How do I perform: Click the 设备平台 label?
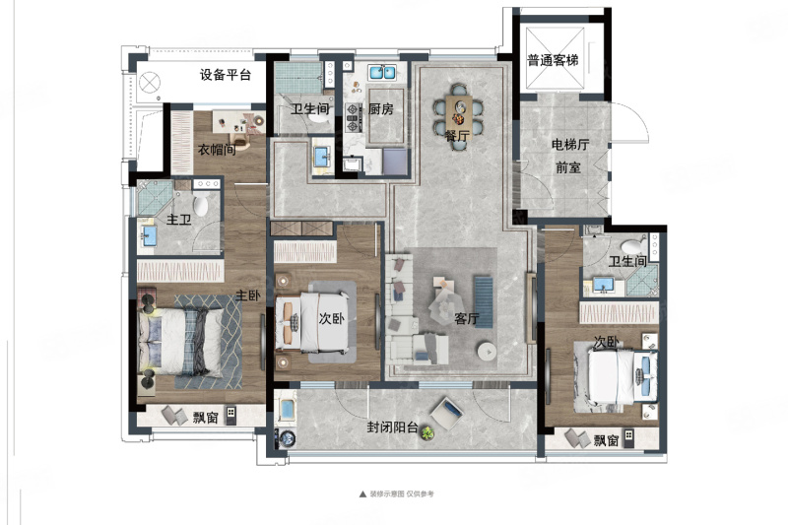(x=226, y=76)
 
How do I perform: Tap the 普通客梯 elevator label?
(x=553, y=61)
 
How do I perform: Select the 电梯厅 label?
(x=570, y=145)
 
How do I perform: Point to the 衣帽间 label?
(x=217, y=150)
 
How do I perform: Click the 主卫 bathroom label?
(x=179, y=220)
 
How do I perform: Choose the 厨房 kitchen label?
(x=381, y=109)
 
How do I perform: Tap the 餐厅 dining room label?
(x=457, y=136)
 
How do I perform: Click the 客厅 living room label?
(x=466, y=318)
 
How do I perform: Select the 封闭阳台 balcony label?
(x=392, y=427)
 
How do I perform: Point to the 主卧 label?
(x=248, y=295)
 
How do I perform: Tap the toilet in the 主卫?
(x=201, y=206)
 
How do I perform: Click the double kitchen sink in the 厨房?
(x=383, y=72)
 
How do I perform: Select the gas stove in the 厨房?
(x=354, y=117)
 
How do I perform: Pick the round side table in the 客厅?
(x=487, y=352)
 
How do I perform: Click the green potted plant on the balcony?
(x=427, y=432)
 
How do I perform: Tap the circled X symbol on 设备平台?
(x=150, y=83)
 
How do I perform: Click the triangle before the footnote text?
(x=362, y=493)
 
